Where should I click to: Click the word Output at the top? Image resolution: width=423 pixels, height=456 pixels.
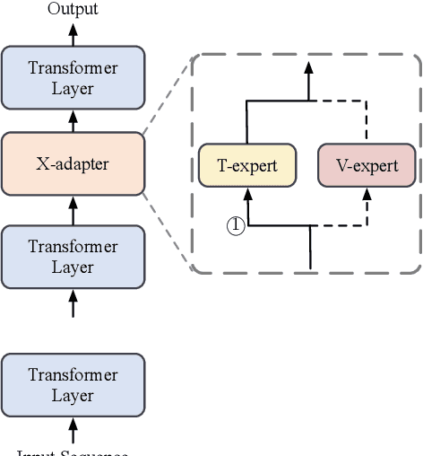(73, 9)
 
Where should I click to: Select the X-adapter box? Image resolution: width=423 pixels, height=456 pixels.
(73, 163)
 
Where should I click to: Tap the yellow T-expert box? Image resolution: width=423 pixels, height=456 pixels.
(248, 165)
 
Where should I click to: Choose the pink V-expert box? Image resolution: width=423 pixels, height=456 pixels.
(367, 165)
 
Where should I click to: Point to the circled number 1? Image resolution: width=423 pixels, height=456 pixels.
(234, 225)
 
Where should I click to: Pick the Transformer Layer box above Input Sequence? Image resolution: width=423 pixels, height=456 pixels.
(73, 383)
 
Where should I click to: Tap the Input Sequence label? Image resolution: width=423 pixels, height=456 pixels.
(73, 452)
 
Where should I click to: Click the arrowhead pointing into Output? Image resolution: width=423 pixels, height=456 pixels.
(73, 27)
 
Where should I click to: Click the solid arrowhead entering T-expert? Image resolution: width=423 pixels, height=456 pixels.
(248, 194)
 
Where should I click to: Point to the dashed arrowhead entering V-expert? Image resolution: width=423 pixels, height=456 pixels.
(367, 194)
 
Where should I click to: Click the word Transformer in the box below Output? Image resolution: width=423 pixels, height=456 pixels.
(73, 67)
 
